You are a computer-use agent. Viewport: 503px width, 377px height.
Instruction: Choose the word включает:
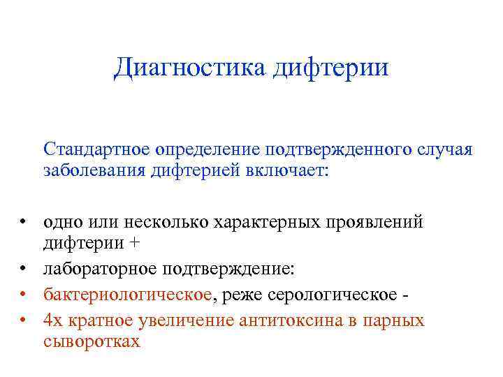[x=285, y=170]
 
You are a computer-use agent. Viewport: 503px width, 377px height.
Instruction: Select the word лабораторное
[x=99, y=269]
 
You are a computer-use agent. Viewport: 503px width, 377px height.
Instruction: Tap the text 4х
[x=52, y=320]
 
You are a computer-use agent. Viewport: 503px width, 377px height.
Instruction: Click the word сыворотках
[x=92, y=341]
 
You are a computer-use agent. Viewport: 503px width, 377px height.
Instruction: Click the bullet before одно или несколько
[x=23, y=223]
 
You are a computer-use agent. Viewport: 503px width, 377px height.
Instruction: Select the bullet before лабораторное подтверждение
[x=23, y=270]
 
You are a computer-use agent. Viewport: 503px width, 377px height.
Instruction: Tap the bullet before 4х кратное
[x=23, y=320]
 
